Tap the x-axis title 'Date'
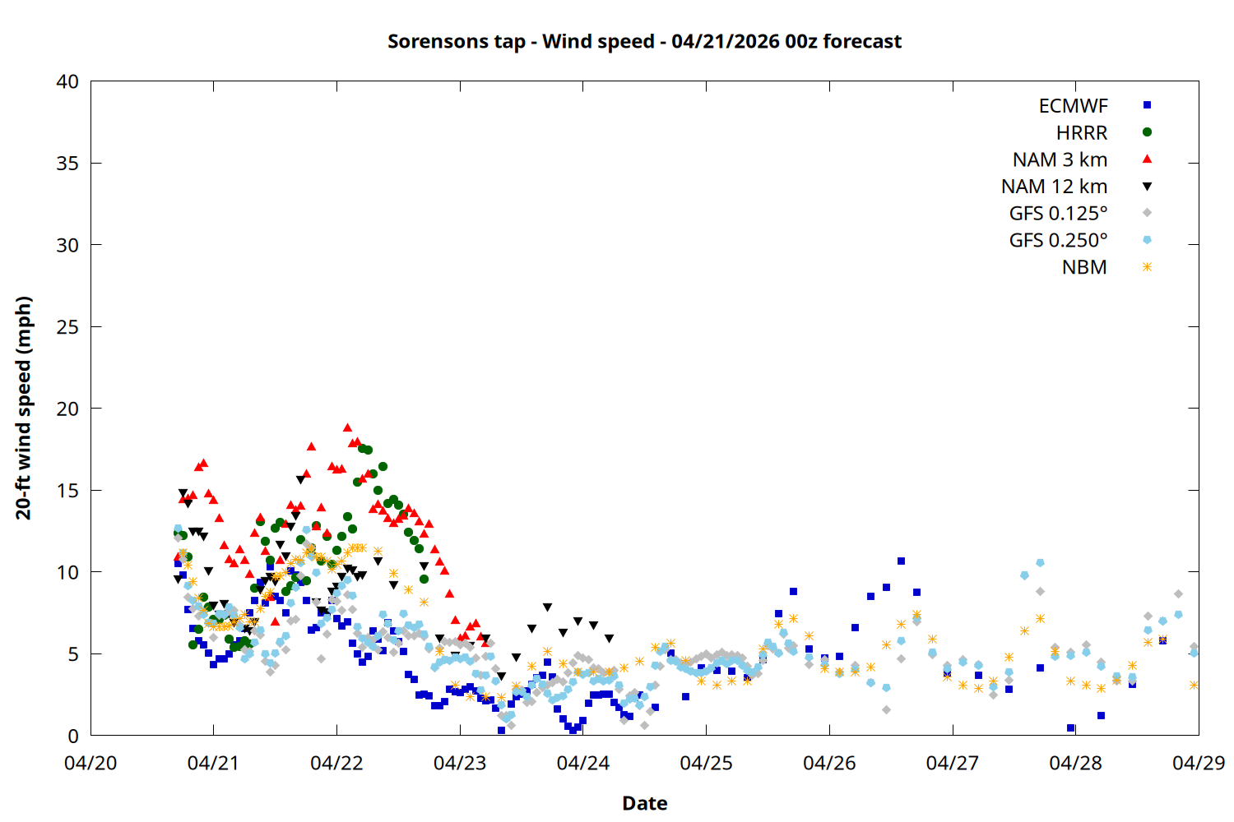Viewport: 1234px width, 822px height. [x=644, y=803]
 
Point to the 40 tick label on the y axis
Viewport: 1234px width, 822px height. [x=67, y=81]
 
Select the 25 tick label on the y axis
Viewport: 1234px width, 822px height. [x=67, y=327]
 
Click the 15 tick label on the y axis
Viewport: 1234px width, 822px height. [x=67, y=491]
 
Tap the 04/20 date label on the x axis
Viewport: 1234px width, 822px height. [x=90, y=763]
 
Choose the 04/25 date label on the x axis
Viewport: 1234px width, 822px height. [x=706, y=763]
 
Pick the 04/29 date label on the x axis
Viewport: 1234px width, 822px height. [x=1198, y=763]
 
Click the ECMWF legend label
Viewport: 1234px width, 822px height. [x=1073, y=106]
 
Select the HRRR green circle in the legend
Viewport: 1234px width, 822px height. [x=1147, y=132]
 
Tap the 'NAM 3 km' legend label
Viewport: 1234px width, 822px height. [x=1060, y=159]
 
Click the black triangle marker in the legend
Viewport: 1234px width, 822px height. [x=1147, y=187]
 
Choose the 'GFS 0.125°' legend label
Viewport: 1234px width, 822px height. [x=1058, y=214]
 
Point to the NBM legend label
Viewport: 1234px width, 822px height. [x=1084, y=267]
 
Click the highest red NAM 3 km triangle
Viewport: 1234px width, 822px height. [x=347, y=427]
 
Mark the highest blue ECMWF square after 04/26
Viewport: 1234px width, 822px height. [x=901, y=561]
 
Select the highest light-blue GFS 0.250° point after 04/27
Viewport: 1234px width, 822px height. [x=1040, y=562]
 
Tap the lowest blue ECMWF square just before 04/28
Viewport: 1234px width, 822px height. [x=1070, y=727]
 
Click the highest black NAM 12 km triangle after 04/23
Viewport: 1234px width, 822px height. [x=547, y=607]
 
